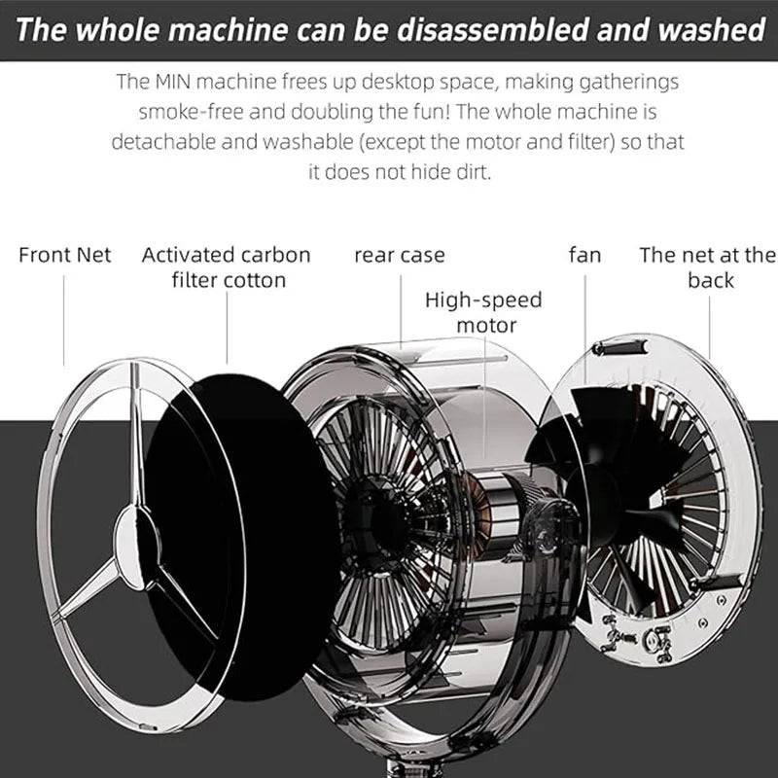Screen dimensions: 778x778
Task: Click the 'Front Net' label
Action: pyautogui.click(x=64, y=255)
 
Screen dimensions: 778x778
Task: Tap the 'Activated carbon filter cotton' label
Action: pyautogui.click(x=227, y=267)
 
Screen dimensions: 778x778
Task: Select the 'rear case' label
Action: pyautogui.click(x=400, y=256)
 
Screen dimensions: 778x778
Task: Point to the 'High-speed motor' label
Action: pyautogui.click(x=483, y=312)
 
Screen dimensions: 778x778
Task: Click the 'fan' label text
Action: pyautogui.click(x=585, y=255)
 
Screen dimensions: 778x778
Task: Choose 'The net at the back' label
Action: pyautogui.click(x=708, y=267)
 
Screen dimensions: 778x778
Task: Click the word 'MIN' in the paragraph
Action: pyautogui.click(x=173, y=82)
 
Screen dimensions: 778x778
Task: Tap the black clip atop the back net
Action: pyautogui.click(x=620, y=347)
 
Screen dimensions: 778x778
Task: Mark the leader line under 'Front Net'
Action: pyautogui.click(x=64, y=321)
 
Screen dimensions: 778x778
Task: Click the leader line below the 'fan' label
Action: pyautogui.click(x=585, y=330)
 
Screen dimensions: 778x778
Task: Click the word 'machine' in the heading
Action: pyautogui.click(x=229, y=30)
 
